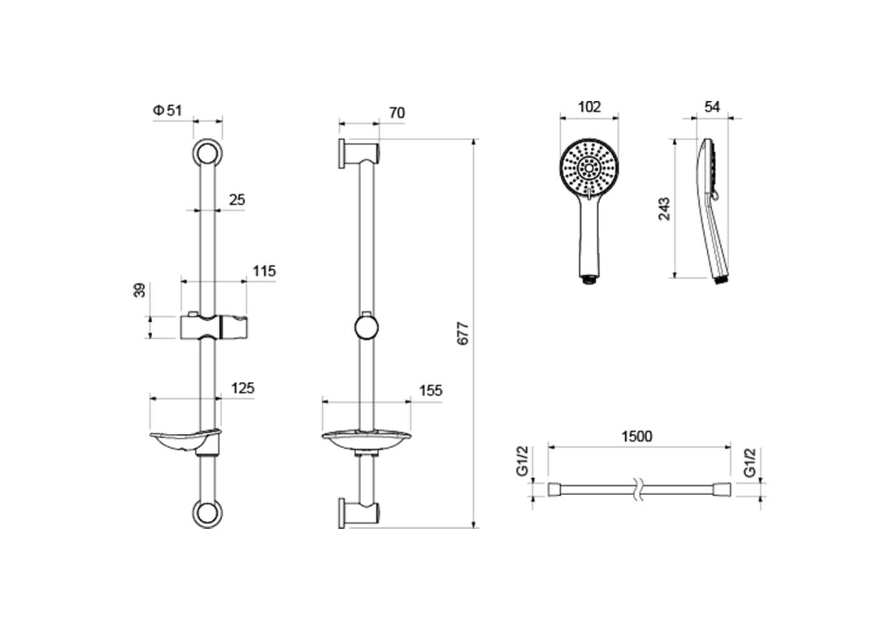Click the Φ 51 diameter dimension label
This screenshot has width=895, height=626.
[167, 110]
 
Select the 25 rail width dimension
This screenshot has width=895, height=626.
[237, 200]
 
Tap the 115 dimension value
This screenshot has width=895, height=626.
[264, 272]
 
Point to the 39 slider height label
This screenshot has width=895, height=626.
[140, 290]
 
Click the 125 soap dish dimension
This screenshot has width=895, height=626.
[243, 388]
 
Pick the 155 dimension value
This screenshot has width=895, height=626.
[431, 391]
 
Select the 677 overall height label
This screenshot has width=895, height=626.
[463, 334]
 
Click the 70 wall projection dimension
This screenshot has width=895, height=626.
[397, 113]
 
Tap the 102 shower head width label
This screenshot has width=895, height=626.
[590, 107]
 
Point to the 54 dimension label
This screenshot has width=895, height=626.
[712, 107]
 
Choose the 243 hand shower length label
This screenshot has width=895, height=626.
[664, 208]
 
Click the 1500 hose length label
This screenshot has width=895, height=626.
[637, 436]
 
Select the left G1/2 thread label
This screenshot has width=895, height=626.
[522, 461]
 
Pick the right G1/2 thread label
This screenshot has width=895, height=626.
[750, 463]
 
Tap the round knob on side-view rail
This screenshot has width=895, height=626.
[366, 328]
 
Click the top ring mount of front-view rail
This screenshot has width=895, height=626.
[207, 153]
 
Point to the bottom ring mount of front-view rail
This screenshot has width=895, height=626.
[207, 514]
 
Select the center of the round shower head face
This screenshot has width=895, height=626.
[590, 168]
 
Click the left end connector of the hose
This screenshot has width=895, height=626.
[554, 490]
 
